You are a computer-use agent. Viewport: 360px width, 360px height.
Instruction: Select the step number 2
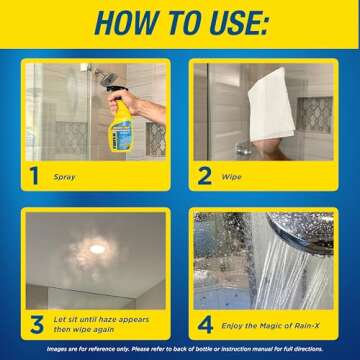click(x=207, y=178)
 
